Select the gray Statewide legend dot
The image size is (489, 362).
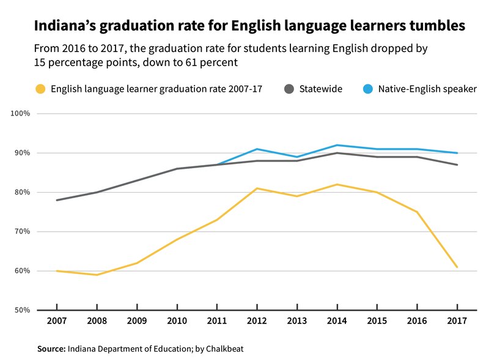click(289, 89)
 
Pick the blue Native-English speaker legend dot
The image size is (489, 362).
click(369, 89)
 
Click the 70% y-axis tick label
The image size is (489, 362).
click(22, 232)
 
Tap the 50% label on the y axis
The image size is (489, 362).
click(22, 310)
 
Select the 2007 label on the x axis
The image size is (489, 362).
click(56, 321)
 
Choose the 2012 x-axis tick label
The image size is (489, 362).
click(257, 321)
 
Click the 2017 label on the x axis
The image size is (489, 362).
click(457, 321)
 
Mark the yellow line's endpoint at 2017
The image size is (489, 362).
click(457, 267)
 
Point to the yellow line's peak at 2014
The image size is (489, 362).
click(337, 185)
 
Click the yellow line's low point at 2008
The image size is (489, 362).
click(97, 275)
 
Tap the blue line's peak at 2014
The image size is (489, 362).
click(337, 145)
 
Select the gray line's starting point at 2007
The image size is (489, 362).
click(56, 200)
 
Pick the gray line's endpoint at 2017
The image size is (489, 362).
click(457, 164)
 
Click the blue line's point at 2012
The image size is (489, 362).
click(257, 149)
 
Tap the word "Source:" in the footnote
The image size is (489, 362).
click(51, 349)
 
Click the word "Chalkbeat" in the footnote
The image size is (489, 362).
click(226, 349)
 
